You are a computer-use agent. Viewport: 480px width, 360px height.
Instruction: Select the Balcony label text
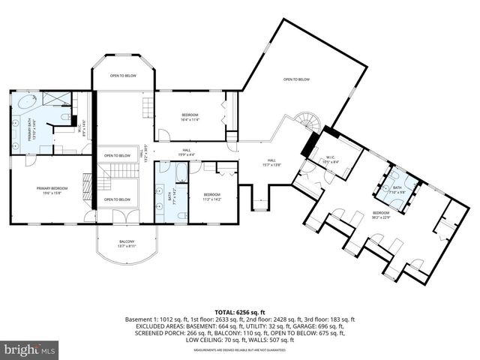(x=126, y=243)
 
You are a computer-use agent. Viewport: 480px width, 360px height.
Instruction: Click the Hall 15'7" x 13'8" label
(x=272, y=162)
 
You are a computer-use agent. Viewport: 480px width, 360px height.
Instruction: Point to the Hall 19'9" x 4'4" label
(x=187, y=152)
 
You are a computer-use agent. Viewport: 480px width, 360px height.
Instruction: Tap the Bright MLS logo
(x=31, y=349)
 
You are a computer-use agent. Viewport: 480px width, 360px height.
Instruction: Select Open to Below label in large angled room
(x=297, y=79)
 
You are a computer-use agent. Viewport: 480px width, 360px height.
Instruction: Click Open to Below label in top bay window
(x=124, y=76)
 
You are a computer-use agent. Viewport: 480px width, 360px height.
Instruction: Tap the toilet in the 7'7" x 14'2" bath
(x=183, y=215)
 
